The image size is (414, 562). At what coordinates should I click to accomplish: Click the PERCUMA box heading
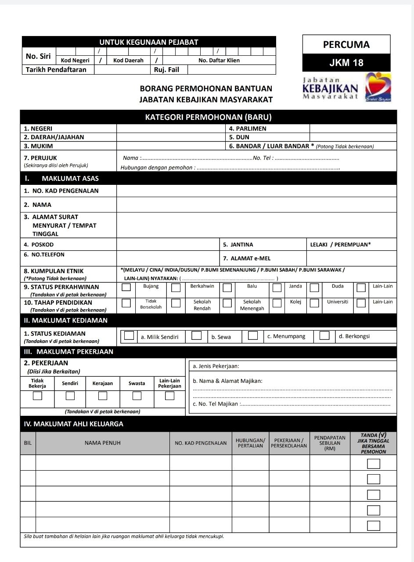coord(346,44)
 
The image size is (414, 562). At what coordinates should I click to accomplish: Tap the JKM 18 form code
coord(346,63)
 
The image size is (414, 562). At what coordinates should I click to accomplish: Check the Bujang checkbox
coord(126,288)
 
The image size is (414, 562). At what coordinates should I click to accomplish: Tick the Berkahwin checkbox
coord(176,288)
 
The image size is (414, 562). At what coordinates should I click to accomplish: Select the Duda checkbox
coord(314,288)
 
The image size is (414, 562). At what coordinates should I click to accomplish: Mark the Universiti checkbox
coord(314,303)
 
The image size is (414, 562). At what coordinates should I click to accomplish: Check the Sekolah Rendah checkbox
coord(176,303)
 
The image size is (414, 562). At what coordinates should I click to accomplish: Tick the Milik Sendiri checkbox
coord(129,336)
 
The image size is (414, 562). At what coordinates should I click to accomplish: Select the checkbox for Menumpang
coord(252,336)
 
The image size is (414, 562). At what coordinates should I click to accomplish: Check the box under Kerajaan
coord(103,396)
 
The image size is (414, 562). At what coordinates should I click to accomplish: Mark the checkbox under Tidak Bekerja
coord(37,396)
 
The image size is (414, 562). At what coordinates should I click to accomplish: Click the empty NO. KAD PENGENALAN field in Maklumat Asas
coord(256,191)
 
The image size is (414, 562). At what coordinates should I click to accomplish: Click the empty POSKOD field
coord(168,245)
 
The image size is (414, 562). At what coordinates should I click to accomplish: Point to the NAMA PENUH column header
coord(103,443)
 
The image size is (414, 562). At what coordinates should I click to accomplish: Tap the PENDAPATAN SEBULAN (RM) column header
coord(330,443)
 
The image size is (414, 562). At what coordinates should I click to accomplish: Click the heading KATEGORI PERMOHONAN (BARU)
coord(208,117)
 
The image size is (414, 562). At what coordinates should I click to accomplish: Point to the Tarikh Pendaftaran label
coord(56,70)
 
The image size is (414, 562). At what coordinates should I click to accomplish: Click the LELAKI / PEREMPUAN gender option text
coord(340,245)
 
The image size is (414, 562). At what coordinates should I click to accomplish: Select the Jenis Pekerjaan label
coord(216,366)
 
